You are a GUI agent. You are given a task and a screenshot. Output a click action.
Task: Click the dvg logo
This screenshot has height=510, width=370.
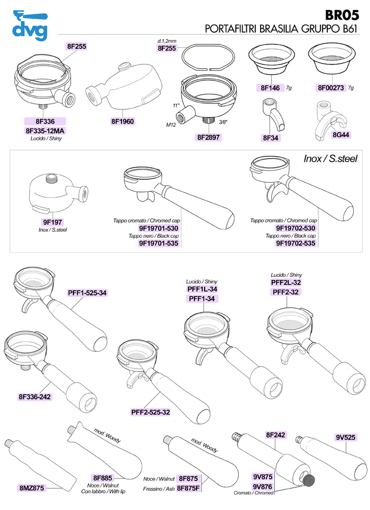pos(30,25)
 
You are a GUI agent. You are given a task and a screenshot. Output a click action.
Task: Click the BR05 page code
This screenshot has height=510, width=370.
pos(341,15)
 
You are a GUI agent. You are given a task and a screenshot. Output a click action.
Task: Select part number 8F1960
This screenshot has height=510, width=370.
pos(122,122)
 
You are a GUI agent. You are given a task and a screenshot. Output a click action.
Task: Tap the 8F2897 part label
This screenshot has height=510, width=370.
pos(209,137)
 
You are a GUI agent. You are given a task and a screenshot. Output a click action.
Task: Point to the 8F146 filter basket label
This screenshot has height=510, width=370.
pos(271,88)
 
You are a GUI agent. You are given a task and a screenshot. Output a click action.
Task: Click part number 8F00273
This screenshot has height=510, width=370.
pos(331,88)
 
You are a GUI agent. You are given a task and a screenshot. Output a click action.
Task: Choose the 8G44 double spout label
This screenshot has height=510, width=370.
pos(341,135)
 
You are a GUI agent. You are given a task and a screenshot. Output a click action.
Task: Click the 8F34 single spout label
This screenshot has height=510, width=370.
pos(271,138)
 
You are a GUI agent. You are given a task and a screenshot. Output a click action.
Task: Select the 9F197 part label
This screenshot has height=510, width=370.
pos(52,222)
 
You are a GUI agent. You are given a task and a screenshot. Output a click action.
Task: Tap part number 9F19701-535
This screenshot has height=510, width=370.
pos(159,243)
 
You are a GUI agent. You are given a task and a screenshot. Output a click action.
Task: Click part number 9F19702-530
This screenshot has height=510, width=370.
pos(295,228)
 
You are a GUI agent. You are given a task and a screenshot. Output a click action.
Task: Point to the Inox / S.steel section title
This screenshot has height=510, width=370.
pos(330,159)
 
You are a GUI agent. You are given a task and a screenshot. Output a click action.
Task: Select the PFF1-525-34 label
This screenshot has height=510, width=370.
pos(87,293)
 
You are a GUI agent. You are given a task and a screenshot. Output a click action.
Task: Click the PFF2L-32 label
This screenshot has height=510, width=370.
pos(286,282)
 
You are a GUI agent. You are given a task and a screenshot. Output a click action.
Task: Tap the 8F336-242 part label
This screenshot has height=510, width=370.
pos(35,397)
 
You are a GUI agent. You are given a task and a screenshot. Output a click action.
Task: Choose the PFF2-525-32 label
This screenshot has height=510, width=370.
pos(151,412)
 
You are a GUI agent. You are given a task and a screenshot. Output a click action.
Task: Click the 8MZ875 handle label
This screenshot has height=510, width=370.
pos(32,488)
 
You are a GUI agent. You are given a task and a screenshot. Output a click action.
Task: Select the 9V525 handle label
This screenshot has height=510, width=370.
pos(346,438)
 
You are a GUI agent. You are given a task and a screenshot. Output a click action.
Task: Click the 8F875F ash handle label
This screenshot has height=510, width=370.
pos(188,488)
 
